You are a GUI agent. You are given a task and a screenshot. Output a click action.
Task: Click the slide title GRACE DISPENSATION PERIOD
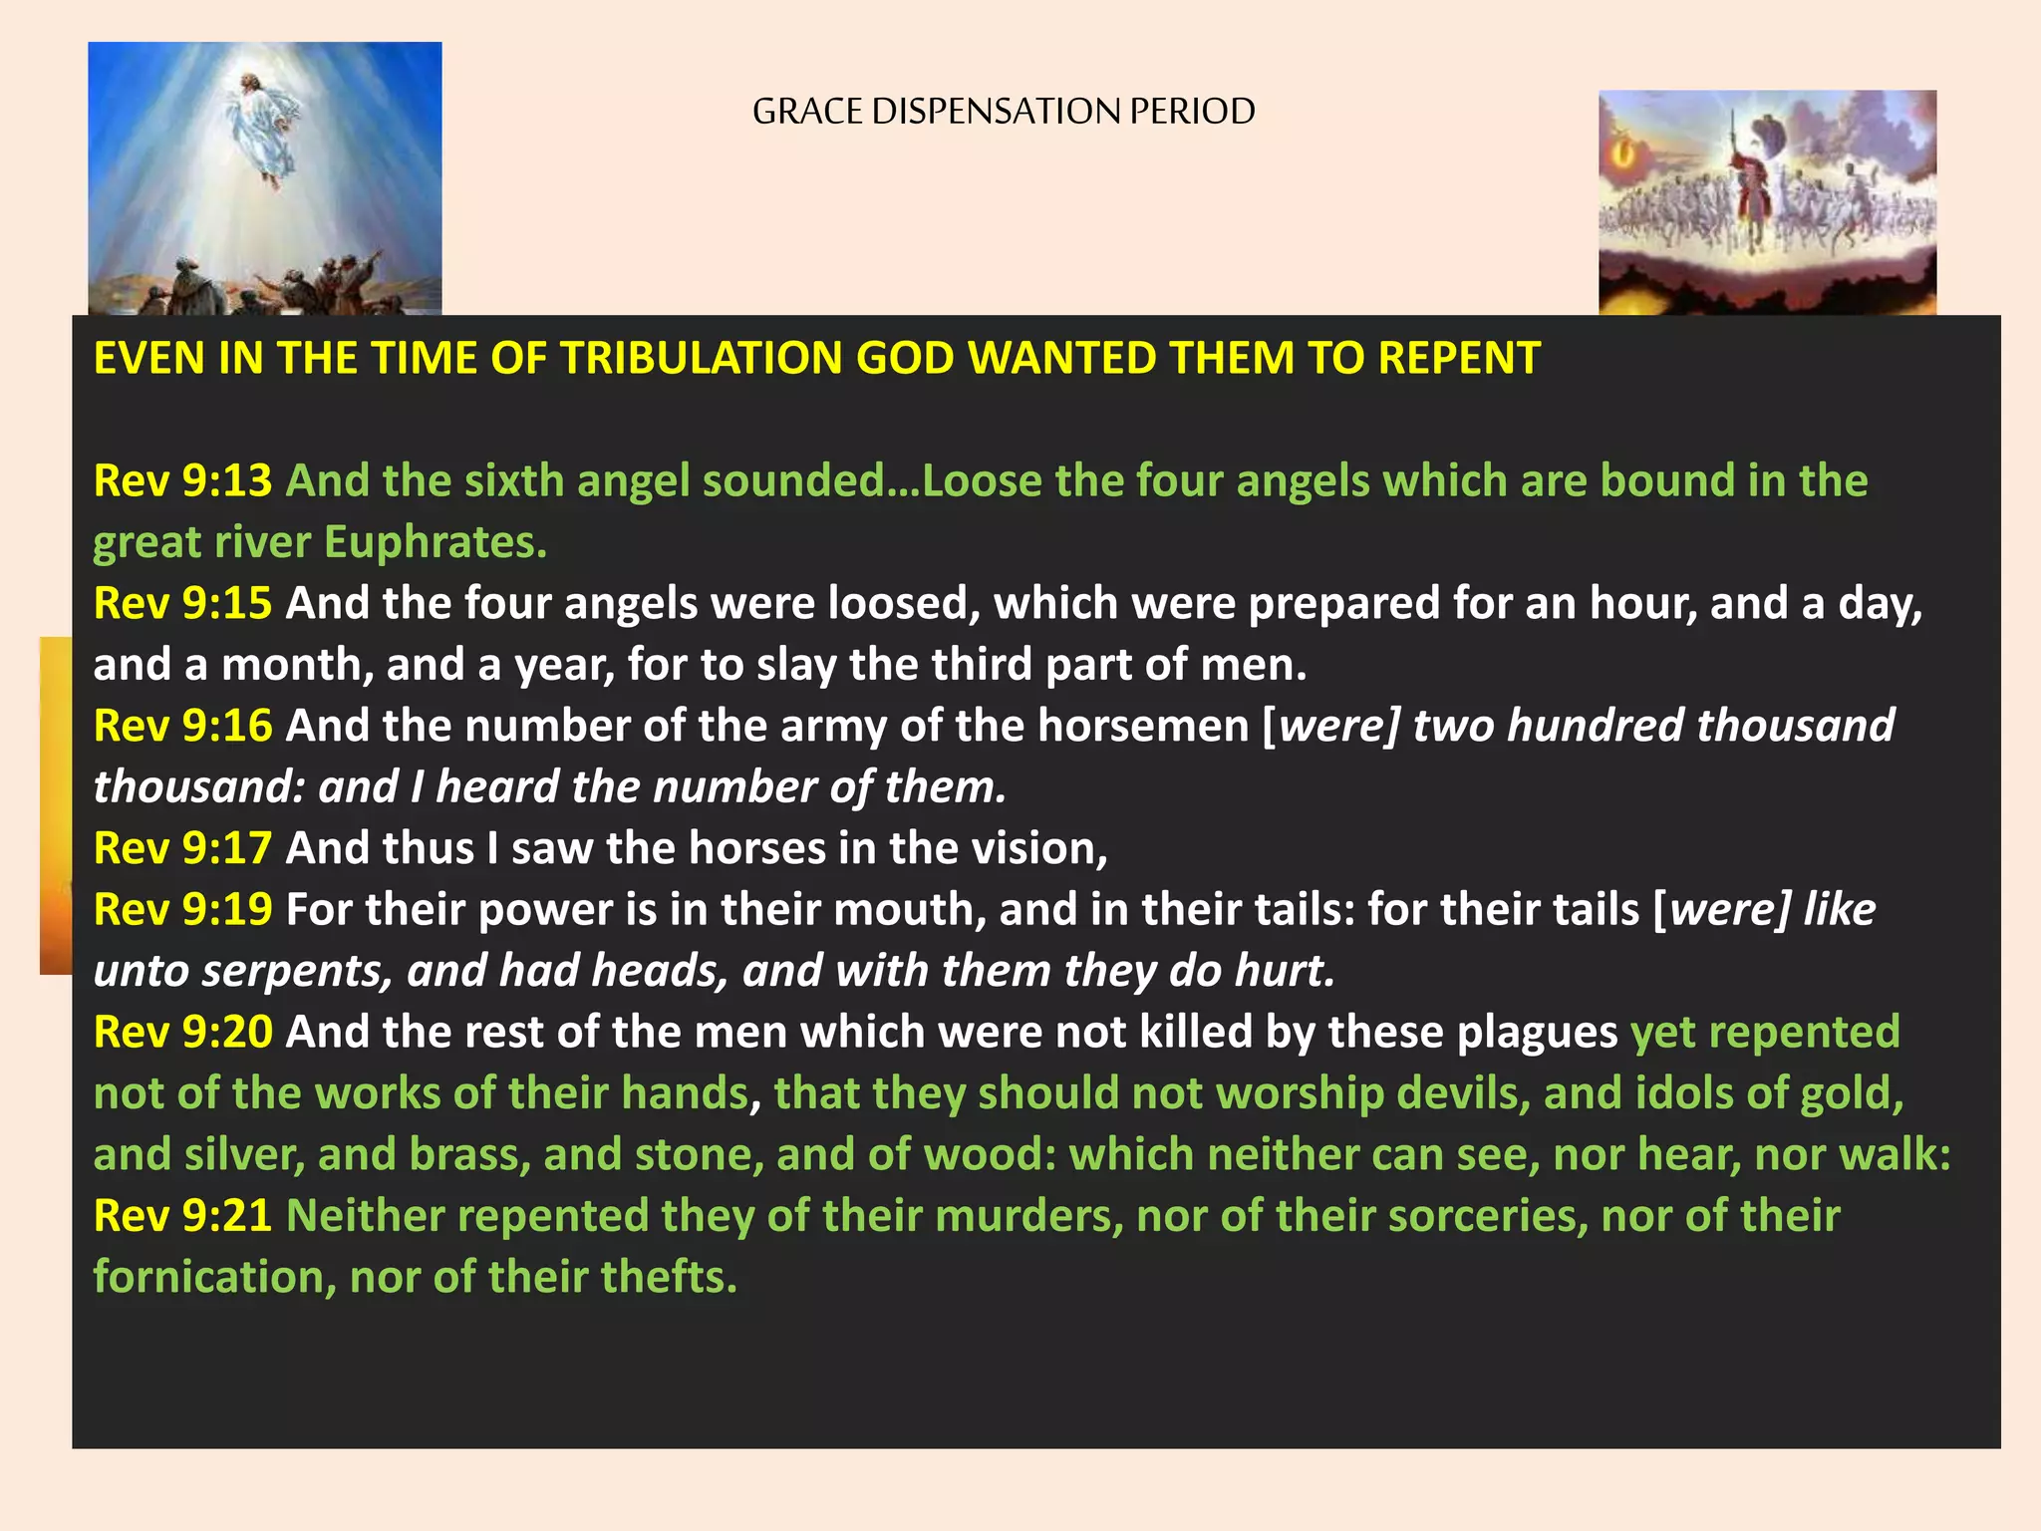click(1003, 111)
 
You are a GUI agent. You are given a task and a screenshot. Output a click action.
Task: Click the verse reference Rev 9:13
click(182, 480)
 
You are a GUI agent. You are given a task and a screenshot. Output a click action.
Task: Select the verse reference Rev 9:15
click(182, 603)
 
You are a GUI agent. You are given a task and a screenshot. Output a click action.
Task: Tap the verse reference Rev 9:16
click(182, 726)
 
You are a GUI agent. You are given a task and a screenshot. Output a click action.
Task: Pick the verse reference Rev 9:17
click(182, 848)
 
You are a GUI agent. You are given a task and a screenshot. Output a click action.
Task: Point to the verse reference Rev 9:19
click(182, 909)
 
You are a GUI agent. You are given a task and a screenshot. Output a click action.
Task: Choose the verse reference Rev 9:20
click(182, 1032)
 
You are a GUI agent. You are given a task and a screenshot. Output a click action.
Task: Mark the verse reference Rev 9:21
click(182, 1215)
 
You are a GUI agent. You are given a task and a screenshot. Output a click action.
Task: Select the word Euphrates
click(435, 543)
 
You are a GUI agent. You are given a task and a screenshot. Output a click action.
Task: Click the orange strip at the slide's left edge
click(56, 804)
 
